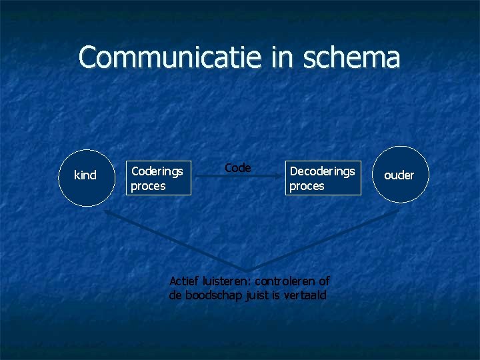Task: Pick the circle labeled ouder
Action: point(399,175)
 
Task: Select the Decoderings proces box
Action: point(323,178)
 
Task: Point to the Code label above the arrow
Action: point(237,168)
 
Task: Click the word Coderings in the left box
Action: point(157,171)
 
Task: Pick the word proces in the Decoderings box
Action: point(307,186)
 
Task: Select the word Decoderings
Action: point(322,171)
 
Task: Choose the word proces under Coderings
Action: point(148,186)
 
